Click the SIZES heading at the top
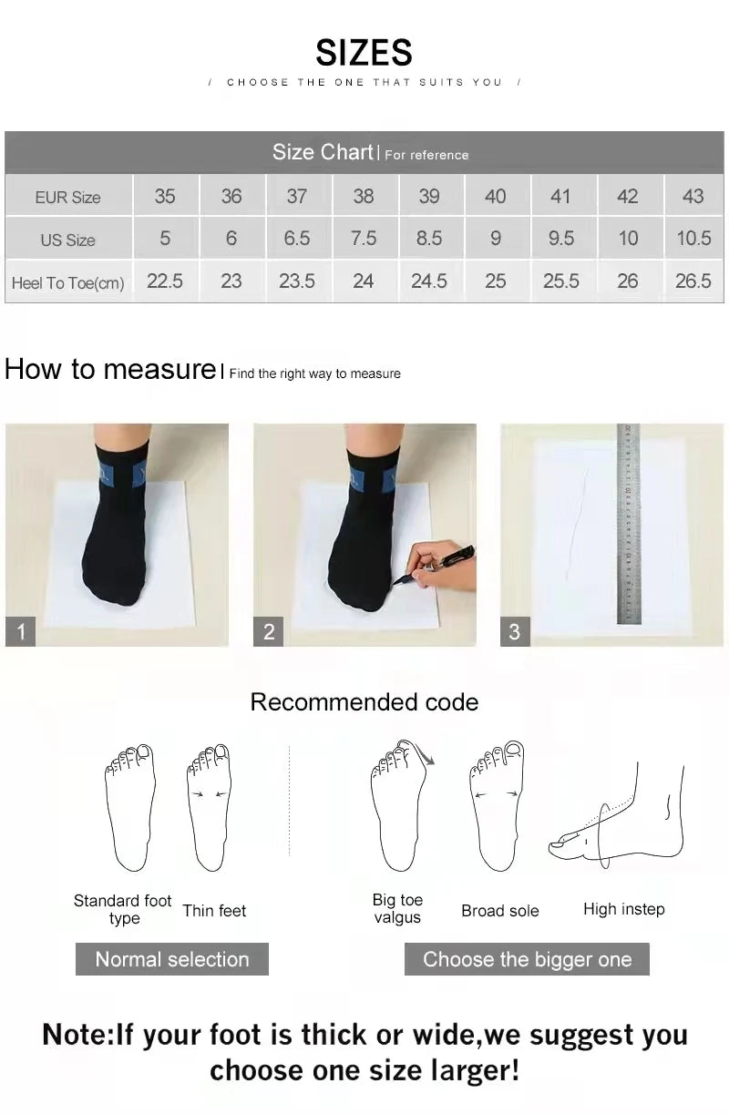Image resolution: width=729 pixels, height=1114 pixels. pos(364,53)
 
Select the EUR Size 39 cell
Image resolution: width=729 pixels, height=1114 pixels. pos(428,196)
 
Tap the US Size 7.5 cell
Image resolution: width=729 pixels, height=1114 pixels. pos(363,239)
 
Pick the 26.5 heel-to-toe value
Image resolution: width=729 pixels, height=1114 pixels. pos(693,281)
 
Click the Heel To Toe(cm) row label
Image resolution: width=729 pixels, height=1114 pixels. pos(68,283)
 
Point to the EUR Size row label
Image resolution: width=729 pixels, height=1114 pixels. pos(68,197)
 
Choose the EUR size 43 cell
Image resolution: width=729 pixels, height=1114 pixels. pos(693,196)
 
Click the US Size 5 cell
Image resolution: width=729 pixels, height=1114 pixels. pos(165,239)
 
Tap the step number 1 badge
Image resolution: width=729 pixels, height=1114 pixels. pos(21,631)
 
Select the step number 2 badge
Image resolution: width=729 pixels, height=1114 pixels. pos(269,631)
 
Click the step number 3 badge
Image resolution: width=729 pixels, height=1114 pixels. pos(515,631)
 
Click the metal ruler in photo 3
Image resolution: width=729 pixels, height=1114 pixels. pos(629,524)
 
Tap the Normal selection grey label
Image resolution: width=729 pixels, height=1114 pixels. pos(172,959)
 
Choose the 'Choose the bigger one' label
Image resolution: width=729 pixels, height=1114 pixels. pos(527,959)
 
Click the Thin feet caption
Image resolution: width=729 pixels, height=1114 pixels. pos(214,910)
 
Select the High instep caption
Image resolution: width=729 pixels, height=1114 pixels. pos(624,909)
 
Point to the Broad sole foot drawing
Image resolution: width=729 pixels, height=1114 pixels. pos(497,806)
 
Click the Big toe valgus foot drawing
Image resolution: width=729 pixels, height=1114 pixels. pos(399,806)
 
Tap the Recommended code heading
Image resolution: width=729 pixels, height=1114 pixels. pos(364,702)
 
